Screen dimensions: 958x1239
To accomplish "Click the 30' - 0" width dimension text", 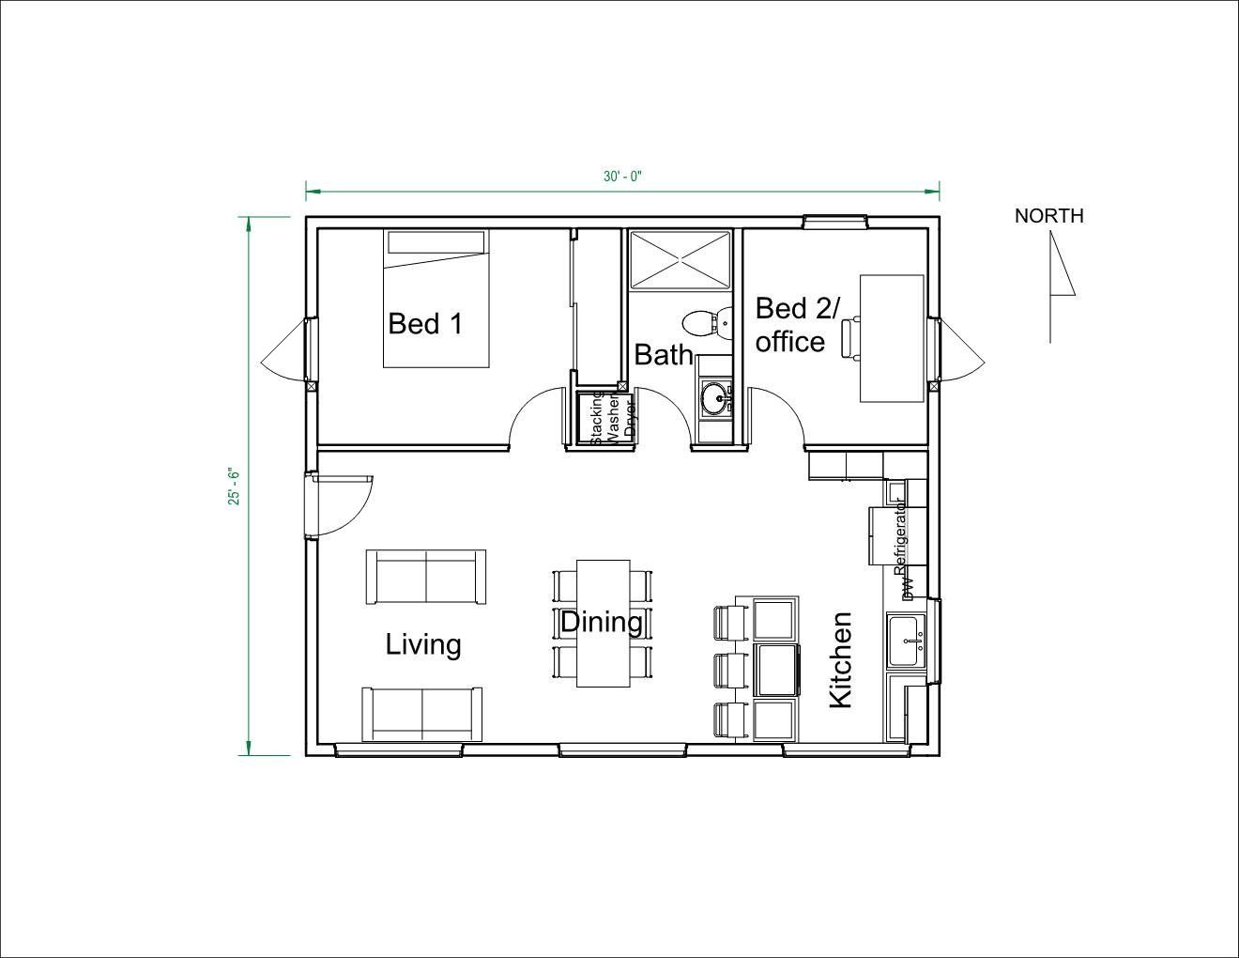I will coord(622,177).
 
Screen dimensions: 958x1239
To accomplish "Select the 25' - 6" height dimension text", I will coord(235,487).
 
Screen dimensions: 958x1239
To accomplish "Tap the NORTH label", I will coord(1048,216).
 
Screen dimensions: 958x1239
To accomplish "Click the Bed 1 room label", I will coord(425,324).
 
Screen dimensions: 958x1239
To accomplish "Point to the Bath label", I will coord(664,355).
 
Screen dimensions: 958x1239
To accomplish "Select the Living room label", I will coord(423,644).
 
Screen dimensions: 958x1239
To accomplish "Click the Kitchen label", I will coord(840,659).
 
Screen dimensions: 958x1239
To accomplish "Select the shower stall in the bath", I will coord(679,259).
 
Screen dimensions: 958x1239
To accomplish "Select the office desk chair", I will coord(850,338).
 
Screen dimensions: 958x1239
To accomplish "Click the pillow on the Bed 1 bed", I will coord(436,242).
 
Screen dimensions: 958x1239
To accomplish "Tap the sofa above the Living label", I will coord(426,577).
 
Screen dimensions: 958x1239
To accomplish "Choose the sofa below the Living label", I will coord(422,714).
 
